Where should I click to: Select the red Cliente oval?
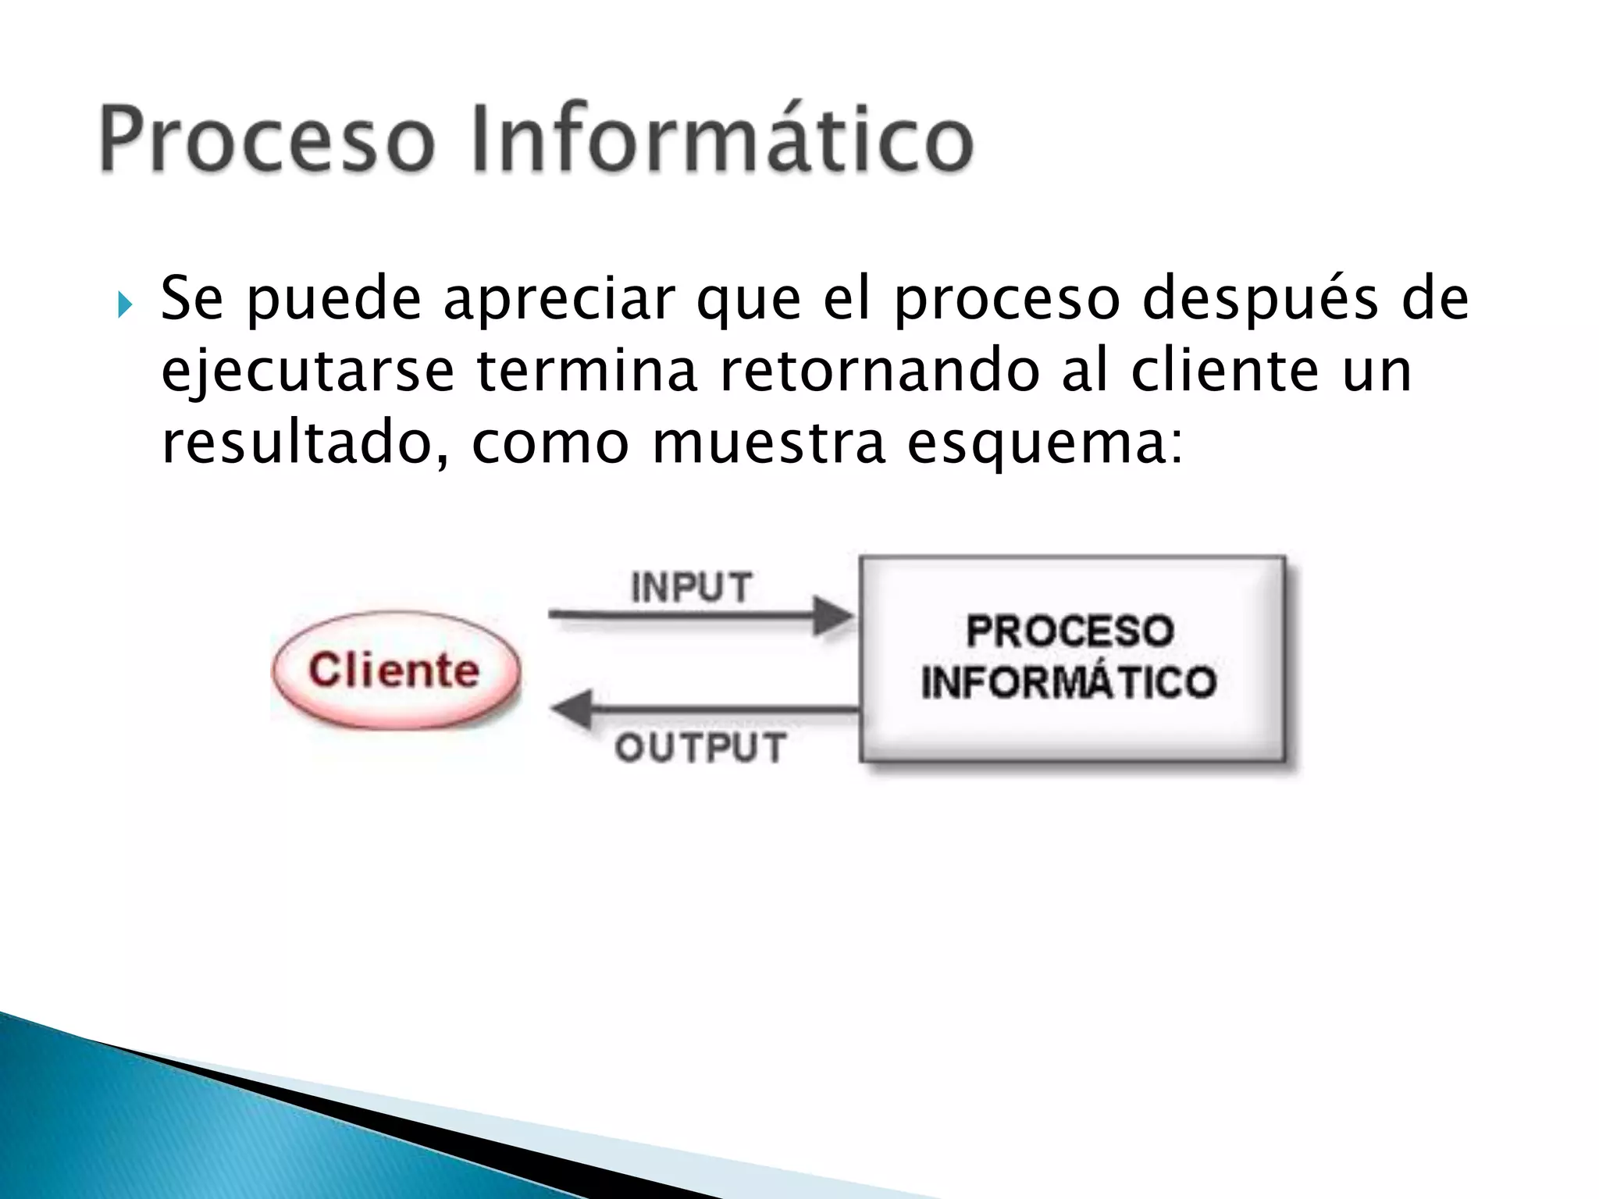coord(395,671)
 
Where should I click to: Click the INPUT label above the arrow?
coord(692,587)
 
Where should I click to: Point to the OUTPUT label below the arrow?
coord(700,748)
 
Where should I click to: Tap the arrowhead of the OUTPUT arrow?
coord(572,710)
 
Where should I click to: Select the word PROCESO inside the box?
coord(1070,631)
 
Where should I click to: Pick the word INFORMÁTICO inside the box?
coord(1069,681)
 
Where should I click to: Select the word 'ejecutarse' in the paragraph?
coord(307,372)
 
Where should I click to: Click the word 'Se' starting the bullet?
coord(191,298)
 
